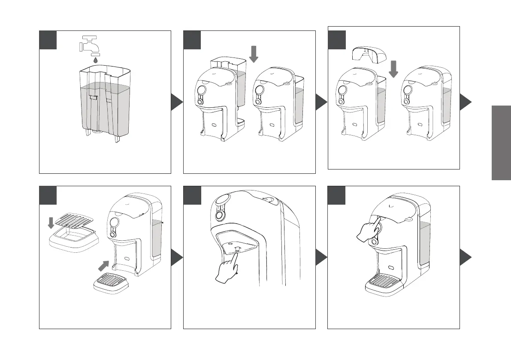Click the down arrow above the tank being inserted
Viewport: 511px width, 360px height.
point(254,54)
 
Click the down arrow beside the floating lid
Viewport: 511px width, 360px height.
point(393,69)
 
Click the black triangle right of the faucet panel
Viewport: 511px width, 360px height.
point(177,102)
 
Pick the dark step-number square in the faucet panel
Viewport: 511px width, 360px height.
point(48,40)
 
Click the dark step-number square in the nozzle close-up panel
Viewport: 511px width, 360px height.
point(192,195)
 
